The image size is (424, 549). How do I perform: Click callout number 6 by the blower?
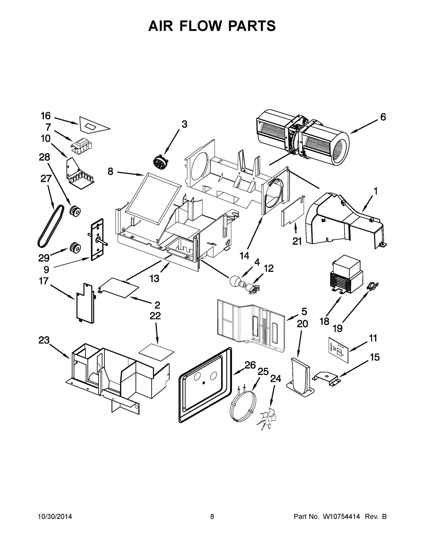click(383, 117)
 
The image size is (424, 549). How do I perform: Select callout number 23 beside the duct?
click(44, 340)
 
